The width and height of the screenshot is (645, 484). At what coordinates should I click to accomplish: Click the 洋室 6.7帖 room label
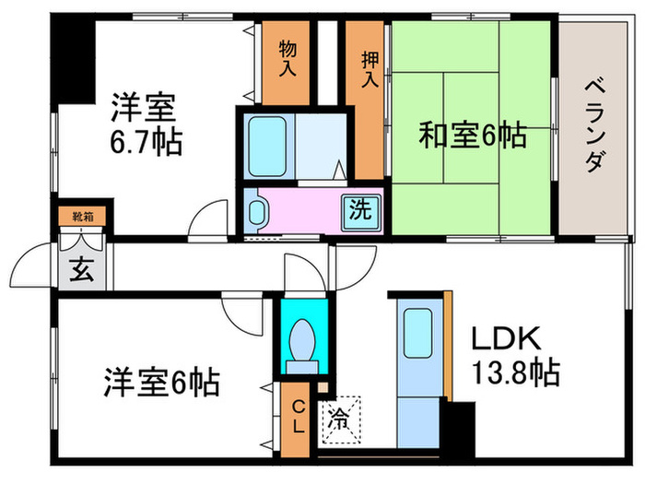pos(146,124)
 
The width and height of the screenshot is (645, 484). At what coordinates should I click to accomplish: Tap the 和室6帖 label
pos(472,136)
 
